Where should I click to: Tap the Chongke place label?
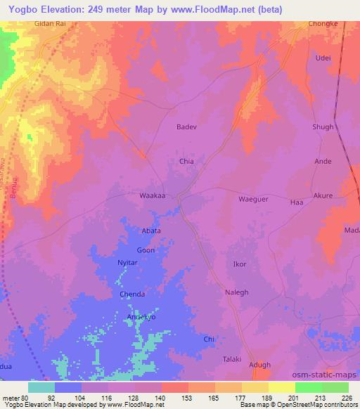pos(322,23)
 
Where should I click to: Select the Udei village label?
pos(323,58)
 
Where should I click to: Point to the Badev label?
pos(186,127)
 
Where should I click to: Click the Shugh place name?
pos(323,126)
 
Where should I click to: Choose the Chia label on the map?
pos(186,162)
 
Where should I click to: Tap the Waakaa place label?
pos(153,196)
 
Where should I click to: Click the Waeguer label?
pos(254,199)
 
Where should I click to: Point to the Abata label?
pos(152,231)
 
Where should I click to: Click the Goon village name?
pos(146,250)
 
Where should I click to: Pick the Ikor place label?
pos(240,265)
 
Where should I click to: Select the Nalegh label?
pos(236,292)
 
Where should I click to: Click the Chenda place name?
pos(132,294)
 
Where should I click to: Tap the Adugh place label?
pos(260,365)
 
